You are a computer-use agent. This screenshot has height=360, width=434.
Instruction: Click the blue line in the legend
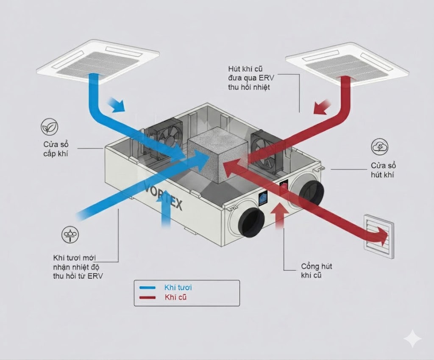[149, 288]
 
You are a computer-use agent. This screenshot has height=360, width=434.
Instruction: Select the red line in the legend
[149, 298]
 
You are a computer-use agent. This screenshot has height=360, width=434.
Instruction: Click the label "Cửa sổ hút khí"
[383, 169]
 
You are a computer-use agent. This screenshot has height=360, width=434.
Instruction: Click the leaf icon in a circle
[50, 127]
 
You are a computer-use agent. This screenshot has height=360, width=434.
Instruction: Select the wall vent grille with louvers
[379, 236]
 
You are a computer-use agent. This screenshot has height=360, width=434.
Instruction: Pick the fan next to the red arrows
[264, 151]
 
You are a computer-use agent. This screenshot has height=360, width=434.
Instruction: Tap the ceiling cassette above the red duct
[347, 64]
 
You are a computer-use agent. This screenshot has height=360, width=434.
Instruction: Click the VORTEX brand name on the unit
[163, 196]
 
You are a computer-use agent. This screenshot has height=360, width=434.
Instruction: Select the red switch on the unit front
[285, 185]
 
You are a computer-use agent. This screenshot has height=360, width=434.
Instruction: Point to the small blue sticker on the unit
[264, 198]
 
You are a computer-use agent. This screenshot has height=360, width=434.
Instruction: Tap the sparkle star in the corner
[412, 339]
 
